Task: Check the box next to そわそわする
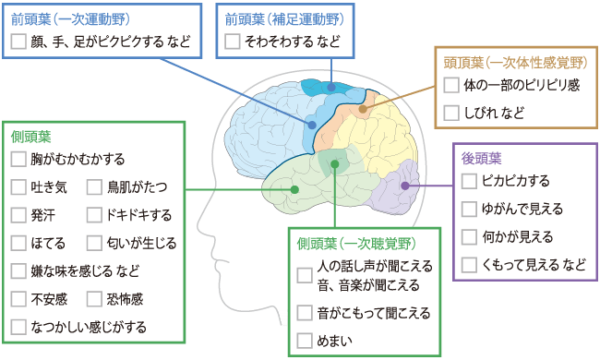tap(232, 42)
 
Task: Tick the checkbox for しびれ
tap(451, 114)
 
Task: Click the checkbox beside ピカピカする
tap(469, 180)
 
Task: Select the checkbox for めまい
tap(305, 341)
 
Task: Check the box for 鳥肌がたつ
tap(94, 187)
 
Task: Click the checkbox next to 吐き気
tap(18, 187)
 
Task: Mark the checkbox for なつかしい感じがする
tap(18, 326)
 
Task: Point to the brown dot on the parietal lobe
tap(363, 108)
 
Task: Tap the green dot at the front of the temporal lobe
tap(294, 189)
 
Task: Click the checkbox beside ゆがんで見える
tap(469, 208)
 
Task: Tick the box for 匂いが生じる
tap(94, 243)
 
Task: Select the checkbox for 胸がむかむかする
tap(18, 160)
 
